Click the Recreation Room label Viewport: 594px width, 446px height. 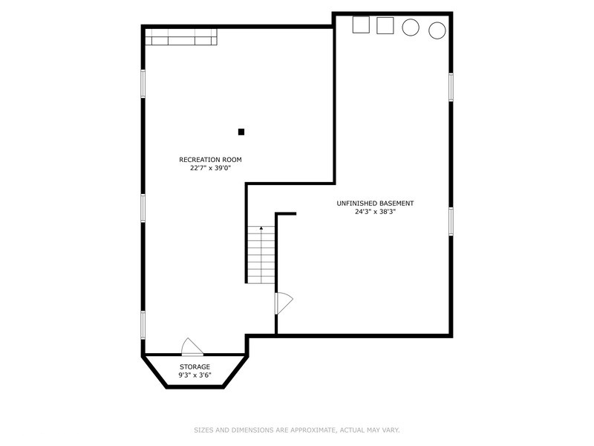[x=210, y=160]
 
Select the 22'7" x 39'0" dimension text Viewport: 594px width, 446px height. [x=210, y=168]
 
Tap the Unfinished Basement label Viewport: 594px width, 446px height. [x=375, y=203]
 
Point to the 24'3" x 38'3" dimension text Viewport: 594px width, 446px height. [x=375, y=212]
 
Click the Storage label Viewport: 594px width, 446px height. [x=195, y=366]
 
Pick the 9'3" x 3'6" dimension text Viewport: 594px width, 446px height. [x=195, y=375]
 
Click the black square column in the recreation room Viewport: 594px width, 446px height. [x=241, y=132]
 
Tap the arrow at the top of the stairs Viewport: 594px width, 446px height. [x=261, y=228]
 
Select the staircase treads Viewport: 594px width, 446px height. [x=261, y=255]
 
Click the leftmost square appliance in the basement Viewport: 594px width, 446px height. [x=361, y=25]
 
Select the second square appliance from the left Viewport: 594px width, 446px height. [x=385, y=25]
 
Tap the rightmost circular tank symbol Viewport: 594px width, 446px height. [x=437, y=30]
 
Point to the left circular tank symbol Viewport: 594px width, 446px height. [x=411, y=28]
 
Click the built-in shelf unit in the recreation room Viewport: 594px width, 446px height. [x=181, y=36]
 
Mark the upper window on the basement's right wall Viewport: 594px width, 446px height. [x=451, y=87]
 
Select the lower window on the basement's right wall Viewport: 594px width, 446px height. [x=451, y=222]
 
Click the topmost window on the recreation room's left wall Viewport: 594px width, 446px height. [x=143, y=84]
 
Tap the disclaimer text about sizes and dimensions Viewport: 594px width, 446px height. [x=297, y=430]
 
